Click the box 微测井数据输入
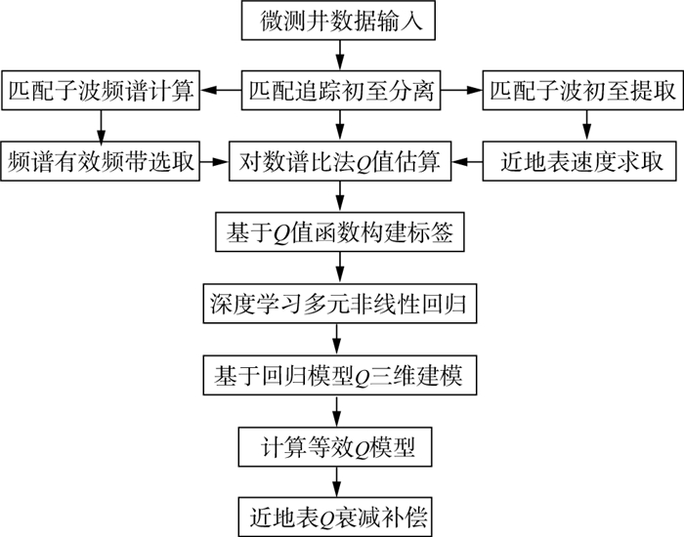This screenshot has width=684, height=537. click(339, 21)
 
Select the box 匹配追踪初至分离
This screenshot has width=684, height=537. click(339, 92)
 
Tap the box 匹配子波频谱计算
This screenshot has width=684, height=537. click(100, 92)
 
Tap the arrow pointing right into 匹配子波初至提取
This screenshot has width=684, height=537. click(462, 92)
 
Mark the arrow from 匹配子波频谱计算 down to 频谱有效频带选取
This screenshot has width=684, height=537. click(100, 127)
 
